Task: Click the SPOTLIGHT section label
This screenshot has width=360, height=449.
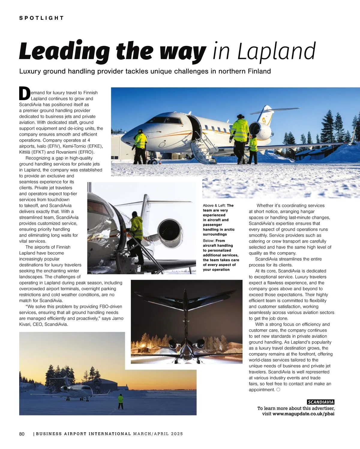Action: (41, 18)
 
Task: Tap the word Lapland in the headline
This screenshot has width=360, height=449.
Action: (276, 52)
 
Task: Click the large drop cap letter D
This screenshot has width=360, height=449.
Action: (25, 94)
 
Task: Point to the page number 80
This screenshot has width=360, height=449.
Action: (22, 434)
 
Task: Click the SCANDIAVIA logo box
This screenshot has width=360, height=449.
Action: (320, 402)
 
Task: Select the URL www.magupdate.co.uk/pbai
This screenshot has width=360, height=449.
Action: (303, 414)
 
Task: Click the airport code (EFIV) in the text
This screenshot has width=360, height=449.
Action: (54, 146)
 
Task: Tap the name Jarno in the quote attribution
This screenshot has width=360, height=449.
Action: (118, 318)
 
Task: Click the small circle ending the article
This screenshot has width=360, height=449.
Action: (278, 390)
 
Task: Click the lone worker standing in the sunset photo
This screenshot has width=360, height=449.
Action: (121, 401)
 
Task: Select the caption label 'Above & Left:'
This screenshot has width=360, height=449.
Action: (214, 206)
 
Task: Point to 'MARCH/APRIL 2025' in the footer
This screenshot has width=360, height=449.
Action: (158, 434)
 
